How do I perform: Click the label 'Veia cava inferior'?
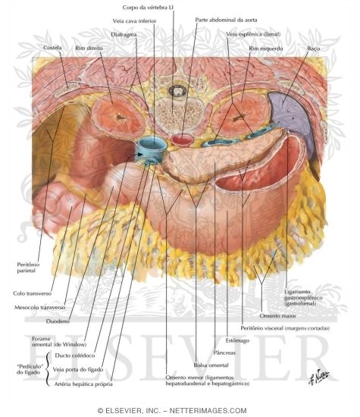[x=134, y=20]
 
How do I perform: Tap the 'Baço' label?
[x=314, y=49]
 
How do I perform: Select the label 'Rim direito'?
[x=89, y=48]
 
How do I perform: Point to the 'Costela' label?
[x=52, y=48]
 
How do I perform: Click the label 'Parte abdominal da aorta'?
[x=226, y=20]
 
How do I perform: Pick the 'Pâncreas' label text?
[x=224, y=353]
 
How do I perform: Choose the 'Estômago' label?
[x=237, y=340]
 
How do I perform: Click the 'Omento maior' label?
[x=277, y=315]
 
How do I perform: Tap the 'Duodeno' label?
[x=58, y=321]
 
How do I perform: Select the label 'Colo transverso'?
[x=32, y=293]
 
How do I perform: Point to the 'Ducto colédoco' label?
[x=75, y=356]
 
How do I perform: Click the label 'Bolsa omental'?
[x=211, y=365]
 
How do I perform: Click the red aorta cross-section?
[x=182, y=140]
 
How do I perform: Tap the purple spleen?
[x=290, y=117]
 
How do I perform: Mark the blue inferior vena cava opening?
[x=152, y=144]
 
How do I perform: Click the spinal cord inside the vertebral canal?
[x=177, y=91]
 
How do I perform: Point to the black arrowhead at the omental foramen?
[x=141, y=154]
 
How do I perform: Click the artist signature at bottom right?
[x=319, y=377]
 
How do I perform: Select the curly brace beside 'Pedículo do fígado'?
[x=47, y=369]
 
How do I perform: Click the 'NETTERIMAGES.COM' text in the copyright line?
[x=208, y=411]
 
